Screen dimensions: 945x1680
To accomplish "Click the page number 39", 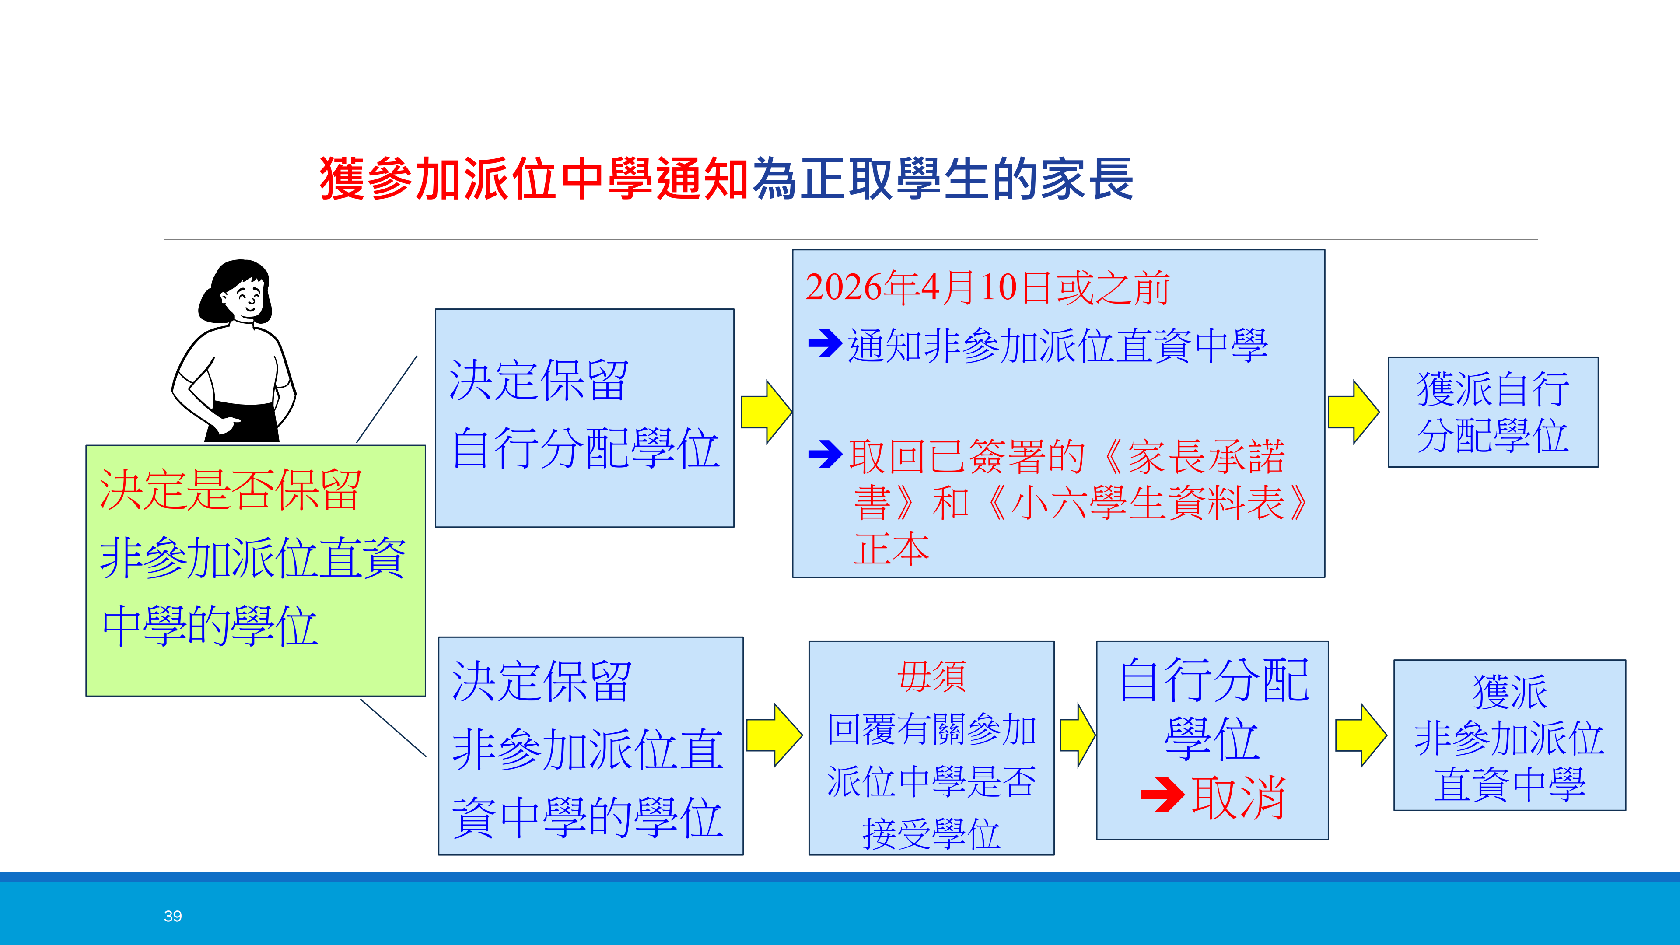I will (x=173, y=916).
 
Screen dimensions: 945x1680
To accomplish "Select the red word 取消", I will (x=1238, y=797).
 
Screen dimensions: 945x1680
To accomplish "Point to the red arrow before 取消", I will (x=1162, y=794).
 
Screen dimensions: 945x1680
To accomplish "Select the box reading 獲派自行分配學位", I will (x=1492, y=412).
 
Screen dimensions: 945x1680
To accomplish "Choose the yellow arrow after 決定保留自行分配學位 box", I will (x=766, y=412).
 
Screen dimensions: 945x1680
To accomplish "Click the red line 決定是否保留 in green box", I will (x=230, y=490).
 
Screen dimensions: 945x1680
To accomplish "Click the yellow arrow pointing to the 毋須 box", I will (x=773, y=735).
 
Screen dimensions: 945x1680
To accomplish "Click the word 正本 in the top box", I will (x=892, y=549).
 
